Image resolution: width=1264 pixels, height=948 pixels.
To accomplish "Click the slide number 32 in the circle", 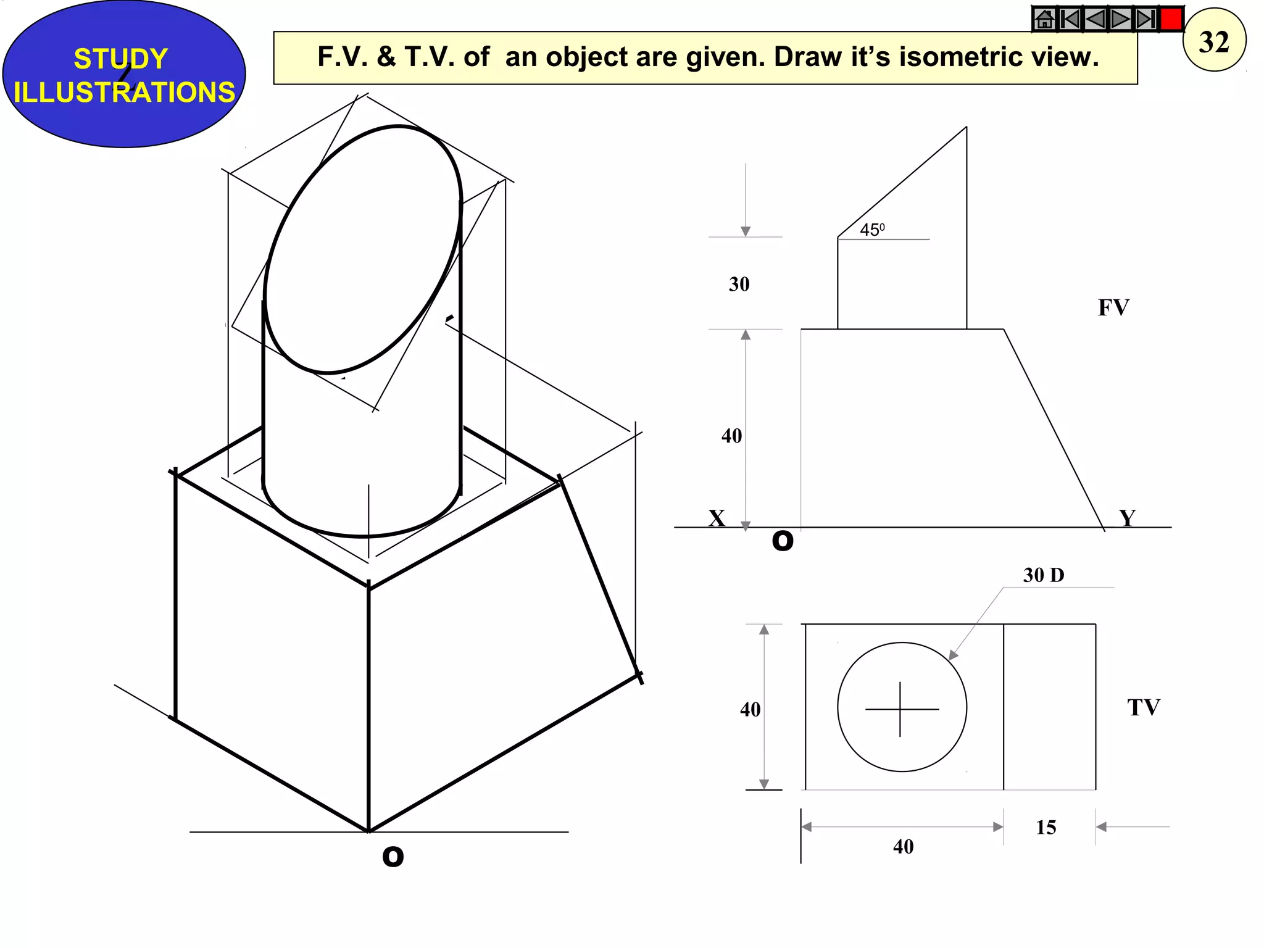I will (x=1214, y=42).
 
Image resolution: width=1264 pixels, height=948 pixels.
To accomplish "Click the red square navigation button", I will (x=1171, y=19).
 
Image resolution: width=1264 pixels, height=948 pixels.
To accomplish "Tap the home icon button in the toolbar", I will (x=1044, y=19).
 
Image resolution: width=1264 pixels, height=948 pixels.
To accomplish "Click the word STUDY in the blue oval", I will (x=121, y=59).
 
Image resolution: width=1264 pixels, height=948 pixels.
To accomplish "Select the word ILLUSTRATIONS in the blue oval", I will (x=124, y=93).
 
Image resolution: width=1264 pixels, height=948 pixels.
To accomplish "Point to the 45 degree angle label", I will (x=871, y=230).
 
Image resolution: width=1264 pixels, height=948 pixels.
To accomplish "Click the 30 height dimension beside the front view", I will (x=739, y=284).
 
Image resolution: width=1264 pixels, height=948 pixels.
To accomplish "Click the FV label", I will (x=1113, y=307).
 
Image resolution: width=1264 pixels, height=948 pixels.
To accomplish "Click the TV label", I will (x=1143, y=707).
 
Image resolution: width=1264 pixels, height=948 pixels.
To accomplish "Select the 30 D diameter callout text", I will (x=1043, y=575).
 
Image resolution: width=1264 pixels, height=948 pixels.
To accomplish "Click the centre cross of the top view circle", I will (x=900, y=709).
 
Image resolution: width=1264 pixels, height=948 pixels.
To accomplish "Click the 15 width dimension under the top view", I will (x=1046, y=827).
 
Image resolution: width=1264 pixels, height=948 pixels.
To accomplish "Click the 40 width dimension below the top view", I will (x=903, y=846).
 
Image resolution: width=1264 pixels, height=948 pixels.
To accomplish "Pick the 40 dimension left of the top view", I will (x=750, y=709).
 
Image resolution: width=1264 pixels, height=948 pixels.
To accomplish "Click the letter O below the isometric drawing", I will (x=393, y=857).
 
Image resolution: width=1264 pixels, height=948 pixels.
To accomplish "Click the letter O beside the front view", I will (x=782, y=541).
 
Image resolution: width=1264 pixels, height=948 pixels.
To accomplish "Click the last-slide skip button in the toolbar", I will (x=1145, y=19).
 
